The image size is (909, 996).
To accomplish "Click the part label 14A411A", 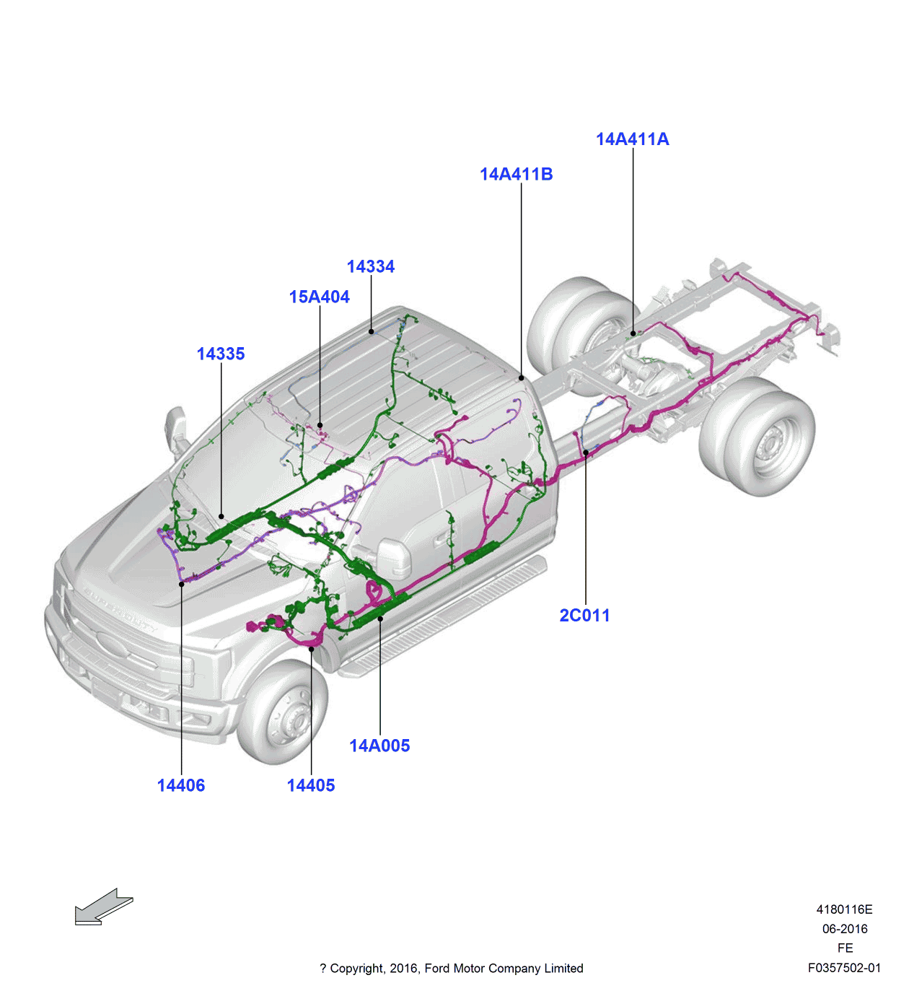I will [x=632, y=139].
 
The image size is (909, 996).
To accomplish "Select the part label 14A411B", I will [x=516, y=174].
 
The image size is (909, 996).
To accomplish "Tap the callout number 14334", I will [x=370, y=266].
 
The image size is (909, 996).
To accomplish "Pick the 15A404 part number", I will [x=319, y=297].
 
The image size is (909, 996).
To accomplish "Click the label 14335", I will [x=221, y=354].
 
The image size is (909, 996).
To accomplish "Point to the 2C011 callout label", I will [x=584, y=616].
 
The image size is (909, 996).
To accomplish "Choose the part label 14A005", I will [x=379, y=746].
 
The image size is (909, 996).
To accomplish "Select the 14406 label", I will [x=181, y=785].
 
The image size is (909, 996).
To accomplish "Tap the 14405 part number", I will [x=311, y=785].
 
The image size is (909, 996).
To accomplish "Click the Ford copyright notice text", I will [x=452, y=968].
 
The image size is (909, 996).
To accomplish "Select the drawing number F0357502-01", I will [x=844, y=968].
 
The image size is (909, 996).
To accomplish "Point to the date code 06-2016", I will [x=845, y=929].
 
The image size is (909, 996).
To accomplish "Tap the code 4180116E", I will [x=844, y=909].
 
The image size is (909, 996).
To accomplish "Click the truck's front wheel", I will [x=284, y=713].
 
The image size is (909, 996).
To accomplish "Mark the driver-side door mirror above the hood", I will [x=175, y=431].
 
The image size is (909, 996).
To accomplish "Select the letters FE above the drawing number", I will [x=845, y=948].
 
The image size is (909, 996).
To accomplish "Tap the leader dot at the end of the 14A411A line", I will [x=633, y=333].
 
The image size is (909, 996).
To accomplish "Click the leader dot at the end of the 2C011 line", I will [x=586, y=453].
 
